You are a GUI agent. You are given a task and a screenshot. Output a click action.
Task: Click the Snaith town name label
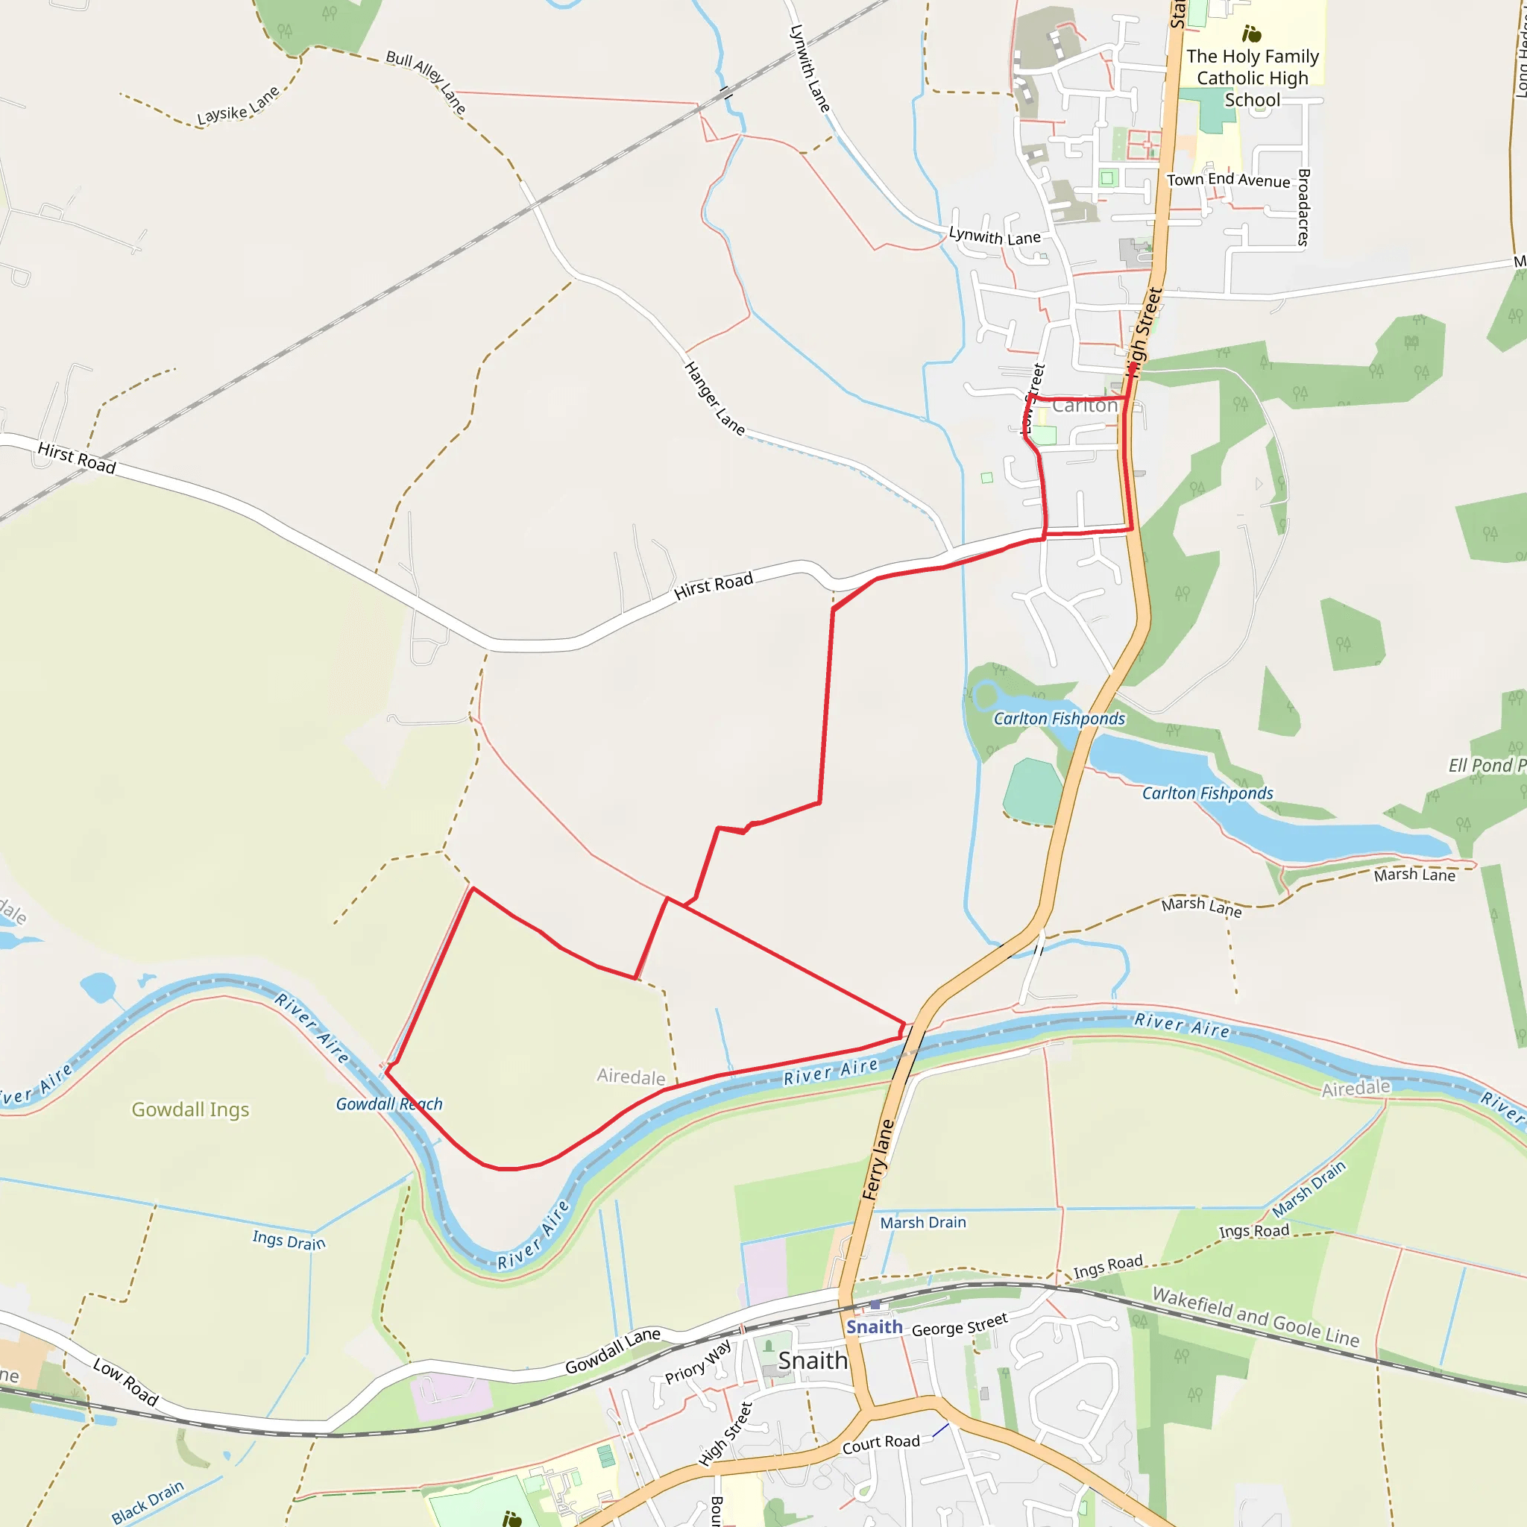813,1360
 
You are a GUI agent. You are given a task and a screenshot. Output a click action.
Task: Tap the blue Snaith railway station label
874,1327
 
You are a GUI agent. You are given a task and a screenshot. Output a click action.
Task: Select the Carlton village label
1085,406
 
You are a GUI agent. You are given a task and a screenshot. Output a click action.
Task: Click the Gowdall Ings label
190,1109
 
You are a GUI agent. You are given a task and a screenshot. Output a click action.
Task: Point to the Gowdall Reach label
389,1104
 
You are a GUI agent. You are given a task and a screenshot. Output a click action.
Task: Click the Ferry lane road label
878,1160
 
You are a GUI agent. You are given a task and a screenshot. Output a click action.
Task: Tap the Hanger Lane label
714,398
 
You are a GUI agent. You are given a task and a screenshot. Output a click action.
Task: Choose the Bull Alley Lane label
426,81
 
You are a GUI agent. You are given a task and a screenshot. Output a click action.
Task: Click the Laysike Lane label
238,106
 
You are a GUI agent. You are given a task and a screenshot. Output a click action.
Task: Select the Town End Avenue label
1228,180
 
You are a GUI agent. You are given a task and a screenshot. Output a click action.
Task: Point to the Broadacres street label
1304,207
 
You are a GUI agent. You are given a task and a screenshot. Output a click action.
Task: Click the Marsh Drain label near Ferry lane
923,1223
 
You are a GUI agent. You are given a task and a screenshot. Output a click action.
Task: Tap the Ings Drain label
289,1240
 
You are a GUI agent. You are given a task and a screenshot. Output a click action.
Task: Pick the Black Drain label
148,1502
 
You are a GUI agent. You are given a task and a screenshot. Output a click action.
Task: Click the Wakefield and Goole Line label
1256,1317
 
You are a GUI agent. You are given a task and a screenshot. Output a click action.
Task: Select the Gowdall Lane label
613,1351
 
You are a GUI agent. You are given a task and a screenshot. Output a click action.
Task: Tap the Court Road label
881,1444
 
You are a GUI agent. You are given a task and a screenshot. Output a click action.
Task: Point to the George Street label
960,1324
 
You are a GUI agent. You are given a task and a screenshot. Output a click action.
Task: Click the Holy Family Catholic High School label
1252,78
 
